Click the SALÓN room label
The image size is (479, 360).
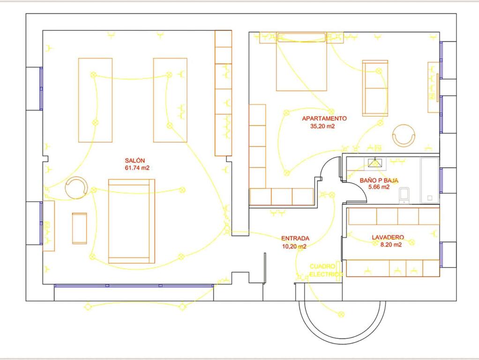135,160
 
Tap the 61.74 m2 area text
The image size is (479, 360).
137,168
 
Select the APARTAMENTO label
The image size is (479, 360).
324,119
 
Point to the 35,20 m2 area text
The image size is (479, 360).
322,126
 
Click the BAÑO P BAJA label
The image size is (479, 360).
379,180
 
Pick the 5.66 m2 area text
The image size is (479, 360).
379,187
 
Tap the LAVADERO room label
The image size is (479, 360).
388,238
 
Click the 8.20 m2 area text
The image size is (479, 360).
391,245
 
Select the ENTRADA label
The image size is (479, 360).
295,239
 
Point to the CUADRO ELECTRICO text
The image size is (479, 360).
326,270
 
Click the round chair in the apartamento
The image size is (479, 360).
404,135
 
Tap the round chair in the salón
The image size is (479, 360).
76,187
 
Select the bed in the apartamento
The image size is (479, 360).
301,61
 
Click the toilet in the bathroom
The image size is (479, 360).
404,195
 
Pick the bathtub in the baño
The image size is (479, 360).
430,180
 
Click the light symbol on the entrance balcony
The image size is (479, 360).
341,314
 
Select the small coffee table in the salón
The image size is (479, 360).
79,228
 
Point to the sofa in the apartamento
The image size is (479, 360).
375,88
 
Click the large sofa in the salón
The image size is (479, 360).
132,221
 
